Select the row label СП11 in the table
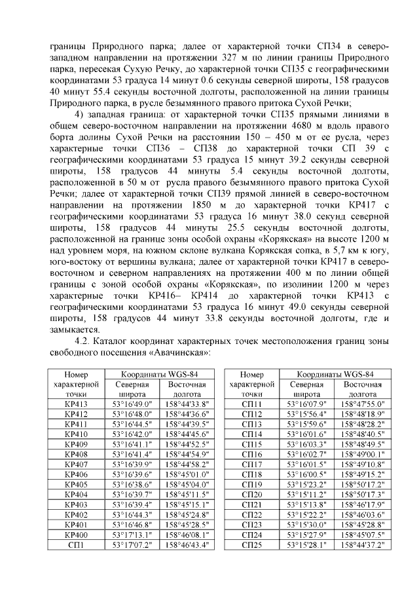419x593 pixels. (251, 404)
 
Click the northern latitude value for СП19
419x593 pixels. (307, 484)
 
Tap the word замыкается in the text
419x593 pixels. (74, 330)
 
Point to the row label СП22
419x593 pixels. (251, 514)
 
